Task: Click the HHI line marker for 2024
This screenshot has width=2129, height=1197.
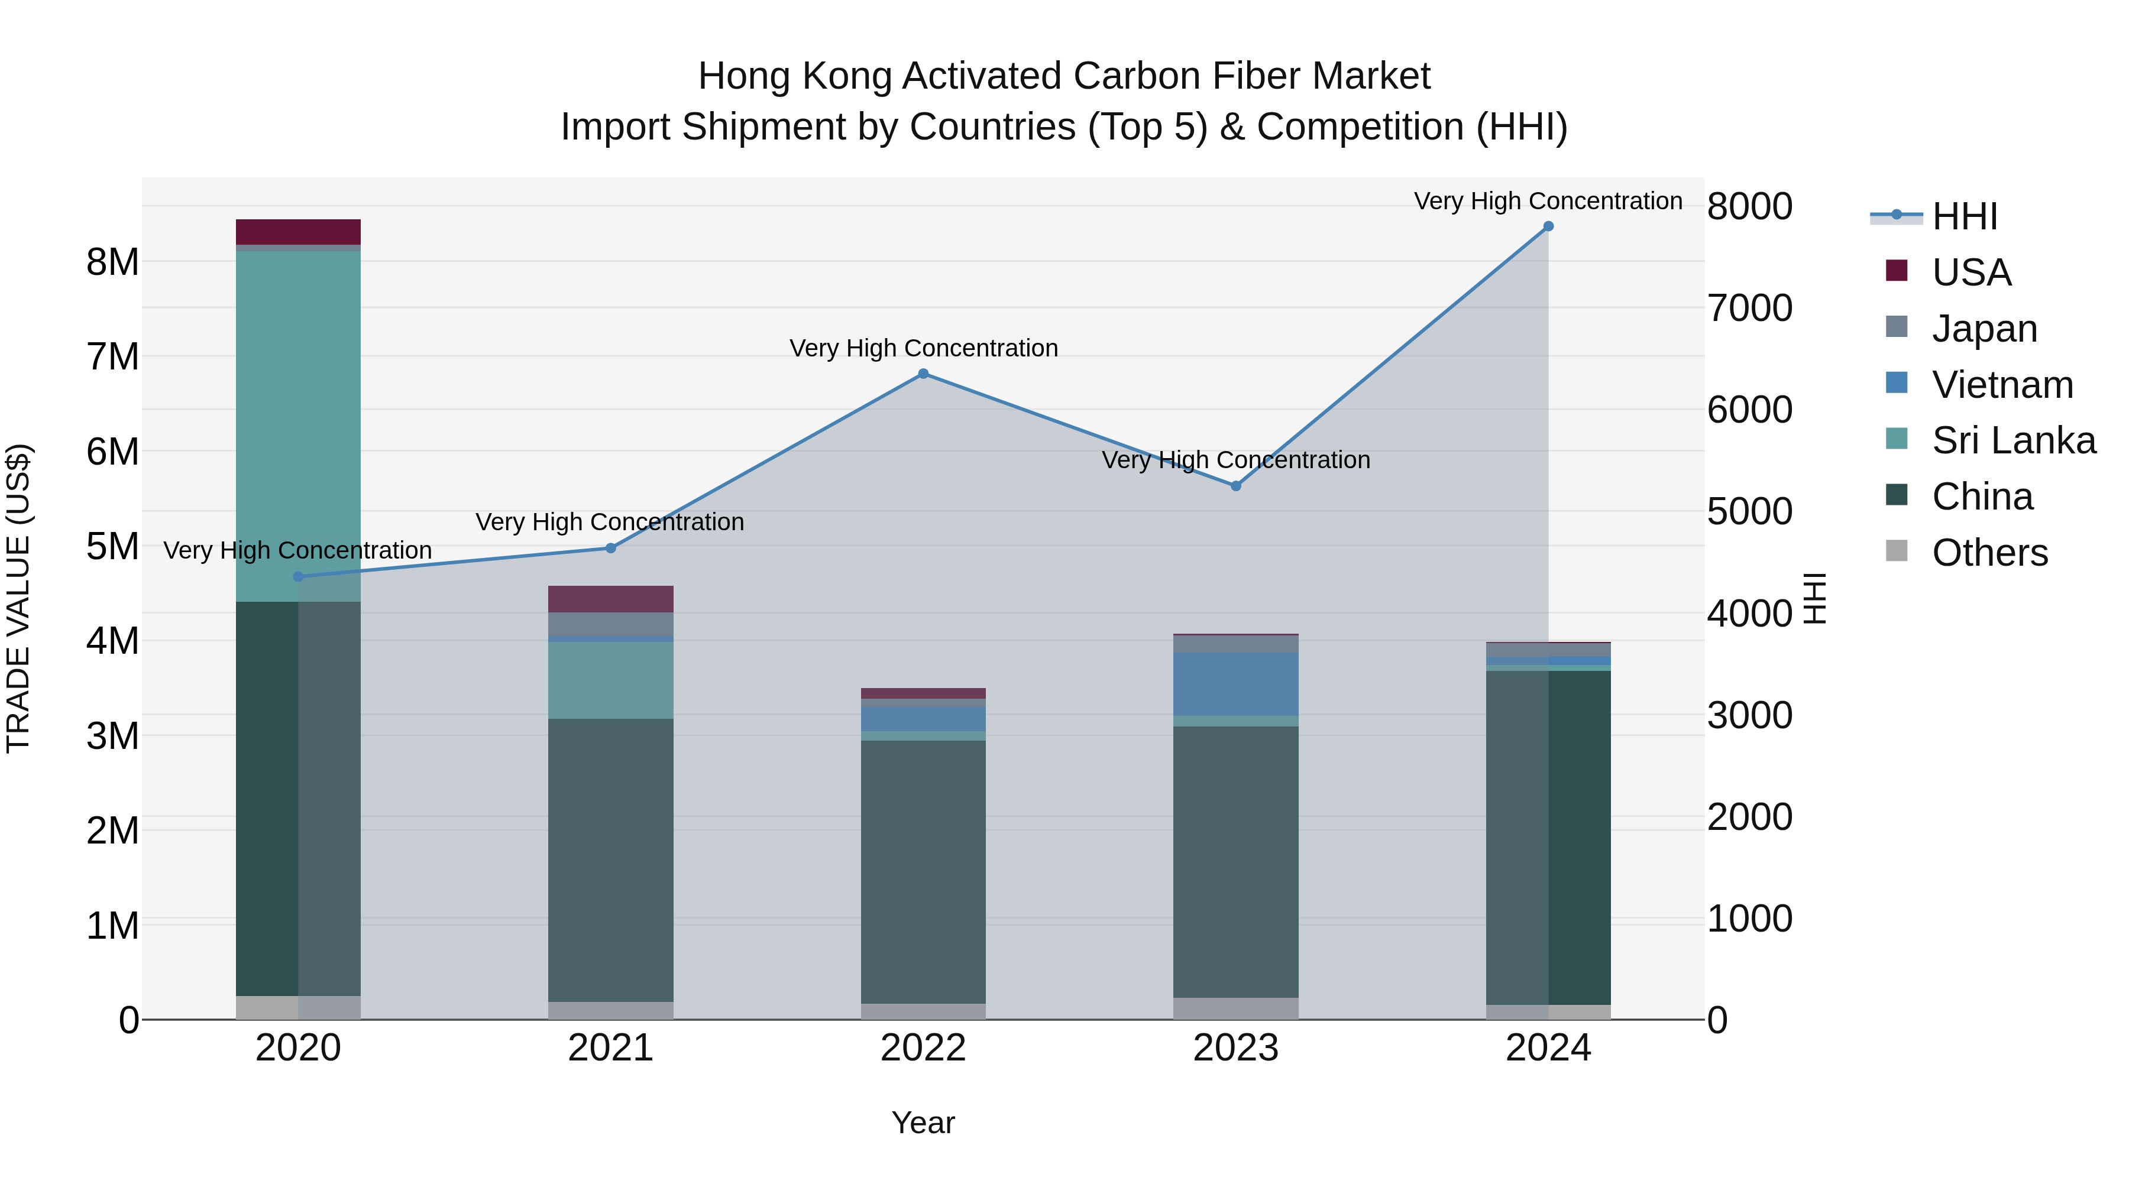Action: [x=1548, y=226]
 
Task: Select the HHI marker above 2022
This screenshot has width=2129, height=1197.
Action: [x=923, y=374]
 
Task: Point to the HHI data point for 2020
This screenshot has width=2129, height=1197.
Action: [x=299, y=576]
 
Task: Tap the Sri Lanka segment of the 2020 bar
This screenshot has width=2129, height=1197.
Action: [x=299, y=426]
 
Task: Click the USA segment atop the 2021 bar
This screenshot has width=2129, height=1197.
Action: [x=611, y=599]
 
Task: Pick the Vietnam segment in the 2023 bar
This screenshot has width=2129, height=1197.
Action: [x=1235, y=684]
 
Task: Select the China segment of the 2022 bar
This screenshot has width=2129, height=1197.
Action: [x=923, y=871]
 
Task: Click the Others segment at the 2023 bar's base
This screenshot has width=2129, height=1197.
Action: [x=1235, y=1008]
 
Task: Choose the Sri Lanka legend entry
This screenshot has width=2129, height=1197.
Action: [x=2012, y=440]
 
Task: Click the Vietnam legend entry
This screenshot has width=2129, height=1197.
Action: [x=2002, y=385]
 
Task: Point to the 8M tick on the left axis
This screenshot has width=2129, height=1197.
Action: [x=112, y=262]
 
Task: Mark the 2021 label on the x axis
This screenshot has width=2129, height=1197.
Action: [x=611, y=1048]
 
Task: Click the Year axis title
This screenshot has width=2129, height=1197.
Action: [x=923, y=1123]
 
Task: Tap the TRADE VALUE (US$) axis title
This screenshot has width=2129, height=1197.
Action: [x=18, y=598]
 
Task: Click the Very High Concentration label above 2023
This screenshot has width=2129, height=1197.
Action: [x=1235, y=460]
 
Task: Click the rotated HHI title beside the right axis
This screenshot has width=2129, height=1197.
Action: [x=1815, y=598]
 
